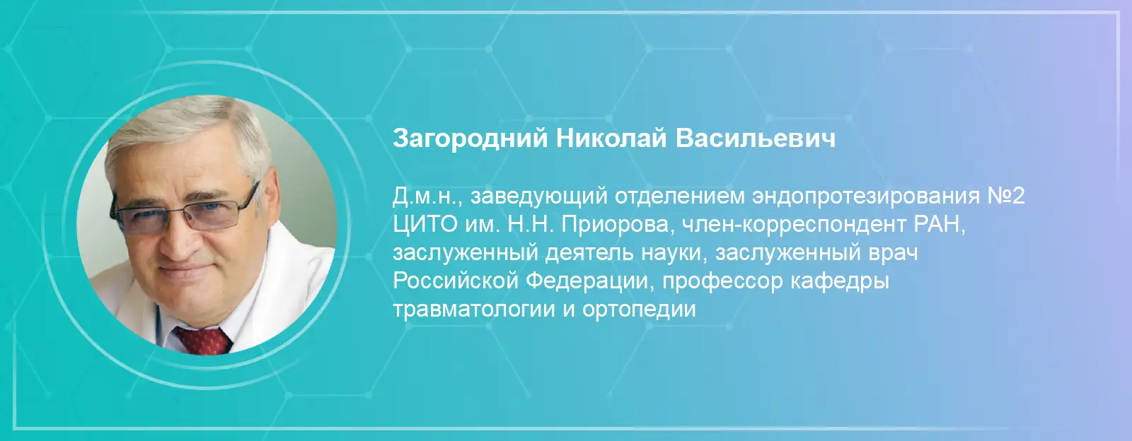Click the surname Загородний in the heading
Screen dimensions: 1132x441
pyautogui.click(x=470, y=139)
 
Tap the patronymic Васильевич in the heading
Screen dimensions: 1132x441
pyautogui.click(x=756, y=139)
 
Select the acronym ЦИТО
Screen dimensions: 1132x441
pyautogui.click(x=425, y=224)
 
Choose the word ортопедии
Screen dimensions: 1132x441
pyautogui.click(x=639, y=310)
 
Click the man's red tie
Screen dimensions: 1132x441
pyautogui.click(x=203, y=340)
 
